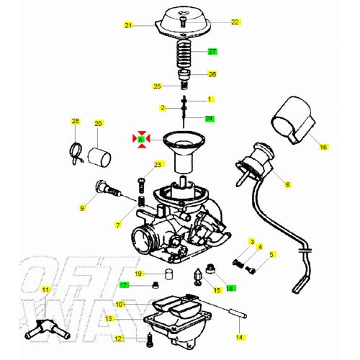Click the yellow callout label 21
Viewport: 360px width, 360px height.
coord(129,25)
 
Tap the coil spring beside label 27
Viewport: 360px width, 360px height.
coord(184,53)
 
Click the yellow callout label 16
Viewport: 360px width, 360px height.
coord(323,147)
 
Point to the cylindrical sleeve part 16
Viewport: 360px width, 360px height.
coord(294,123)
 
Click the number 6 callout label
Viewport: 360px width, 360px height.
coord(287,185)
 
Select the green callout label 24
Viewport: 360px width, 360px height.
coord(210,118)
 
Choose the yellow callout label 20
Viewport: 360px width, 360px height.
coord(99,123)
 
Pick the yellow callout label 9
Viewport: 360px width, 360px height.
coord(82,208)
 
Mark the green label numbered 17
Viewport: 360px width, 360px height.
coord(124,285)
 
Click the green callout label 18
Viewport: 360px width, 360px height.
coord(230,289)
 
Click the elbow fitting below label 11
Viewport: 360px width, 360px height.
coord(45,330)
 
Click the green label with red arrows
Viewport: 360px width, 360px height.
coord(142,138)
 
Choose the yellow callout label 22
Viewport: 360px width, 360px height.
coord(235,22)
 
